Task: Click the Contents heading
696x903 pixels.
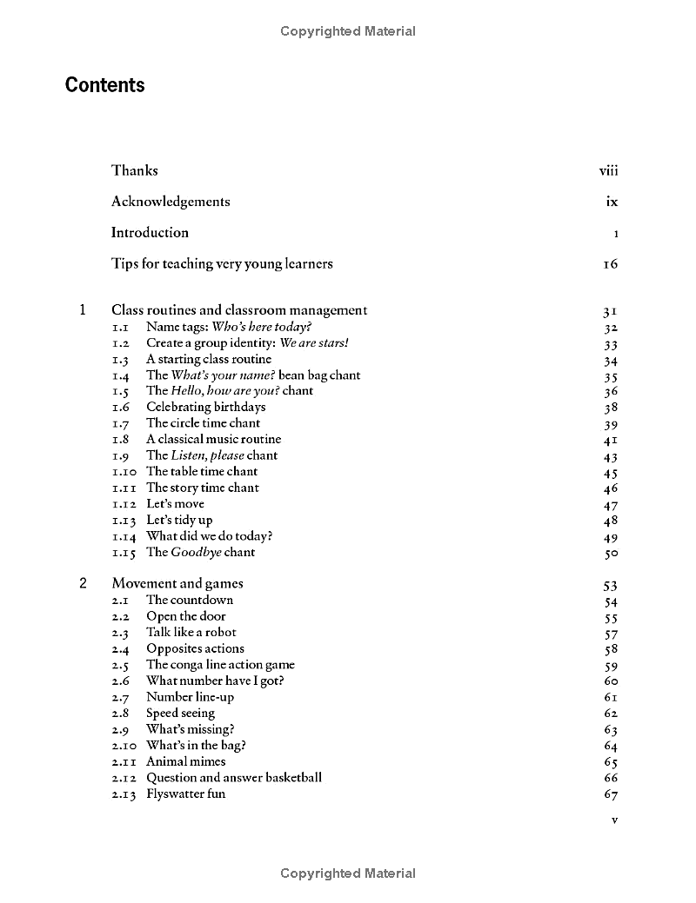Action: coord(104,85)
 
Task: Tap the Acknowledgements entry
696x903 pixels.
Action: coord(171,202)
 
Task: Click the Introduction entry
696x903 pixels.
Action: coord(150,233)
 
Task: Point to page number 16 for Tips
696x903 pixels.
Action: coord(610,264)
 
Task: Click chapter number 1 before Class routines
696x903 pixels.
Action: coord(83,310)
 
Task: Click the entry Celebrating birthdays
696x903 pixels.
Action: coord(205,407)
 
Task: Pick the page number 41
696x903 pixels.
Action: coord(610,441)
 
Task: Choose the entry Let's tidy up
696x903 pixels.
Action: coord(179,520)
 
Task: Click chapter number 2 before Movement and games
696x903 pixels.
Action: coord(83,584)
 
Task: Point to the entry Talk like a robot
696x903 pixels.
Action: coord(191,632)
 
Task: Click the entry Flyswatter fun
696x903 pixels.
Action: coord(185,793)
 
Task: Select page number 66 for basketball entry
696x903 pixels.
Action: coord(610,779)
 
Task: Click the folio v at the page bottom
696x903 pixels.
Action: coord(614,820)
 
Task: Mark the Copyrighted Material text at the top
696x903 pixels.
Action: coord(348,31)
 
